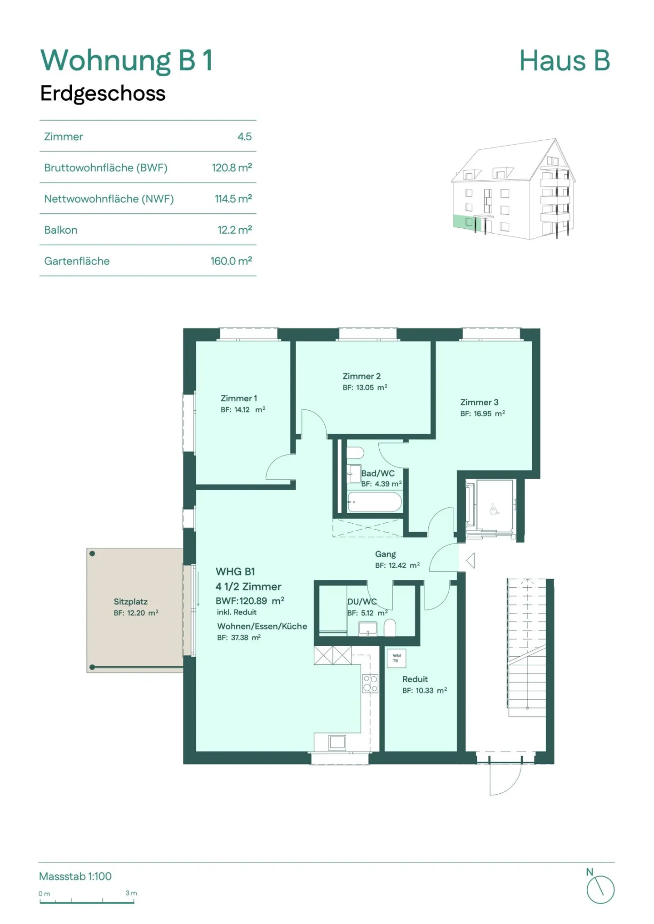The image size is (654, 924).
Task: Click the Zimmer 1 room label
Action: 238,398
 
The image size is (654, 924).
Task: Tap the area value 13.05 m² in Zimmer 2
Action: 365,388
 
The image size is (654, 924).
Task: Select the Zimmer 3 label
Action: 479,402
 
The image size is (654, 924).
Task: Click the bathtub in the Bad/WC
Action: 374,502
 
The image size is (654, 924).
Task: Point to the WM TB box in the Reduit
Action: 396,658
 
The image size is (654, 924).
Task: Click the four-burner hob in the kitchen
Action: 370,683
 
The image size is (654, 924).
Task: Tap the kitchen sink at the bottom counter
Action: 337,742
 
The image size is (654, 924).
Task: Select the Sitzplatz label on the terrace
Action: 130,601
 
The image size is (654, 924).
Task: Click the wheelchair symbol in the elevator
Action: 494,510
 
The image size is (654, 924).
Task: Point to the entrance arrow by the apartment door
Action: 471,560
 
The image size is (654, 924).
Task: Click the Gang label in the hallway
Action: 385,554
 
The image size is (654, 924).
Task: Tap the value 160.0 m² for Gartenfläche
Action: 231,261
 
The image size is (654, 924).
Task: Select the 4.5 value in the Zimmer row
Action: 244,137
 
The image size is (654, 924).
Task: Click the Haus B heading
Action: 564,61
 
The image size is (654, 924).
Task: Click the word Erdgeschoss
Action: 103,93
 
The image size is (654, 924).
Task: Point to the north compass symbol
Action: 600,890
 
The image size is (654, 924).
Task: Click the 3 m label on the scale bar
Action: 131,893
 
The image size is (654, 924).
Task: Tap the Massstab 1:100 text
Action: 75,876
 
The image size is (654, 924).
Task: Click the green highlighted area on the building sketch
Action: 463,222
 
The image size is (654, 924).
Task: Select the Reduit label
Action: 415,679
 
